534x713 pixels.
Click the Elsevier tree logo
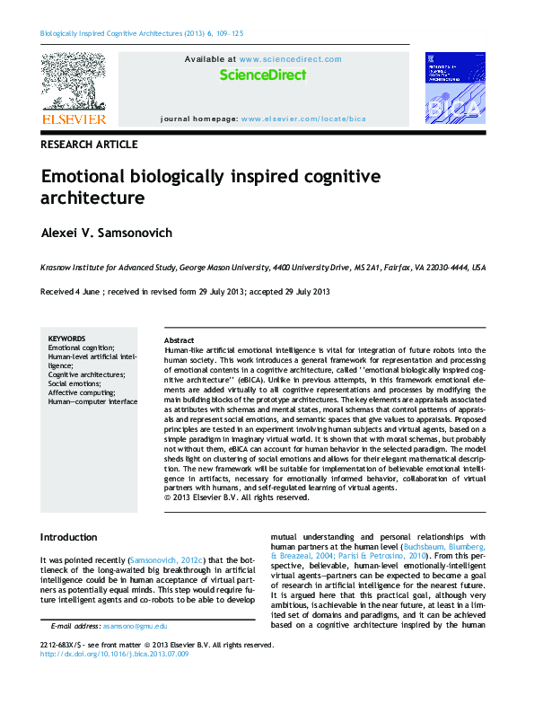click(x=74, y=82)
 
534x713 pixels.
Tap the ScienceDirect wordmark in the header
click(x=262, y=75)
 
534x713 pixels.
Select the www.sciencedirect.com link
click(x=291, y=59)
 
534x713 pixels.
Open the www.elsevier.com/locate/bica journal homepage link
click(x=303, y=119)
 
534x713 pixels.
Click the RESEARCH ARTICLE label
click(x=89, y=145)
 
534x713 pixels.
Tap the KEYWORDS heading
click(x=66, y=339)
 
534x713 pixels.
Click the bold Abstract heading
click(x=179, y=341)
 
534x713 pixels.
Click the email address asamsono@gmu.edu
click(x=135, y=625)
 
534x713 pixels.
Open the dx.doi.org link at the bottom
click(x=115, y=655)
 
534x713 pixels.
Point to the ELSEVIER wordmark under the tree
click(x=74, y=119)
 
